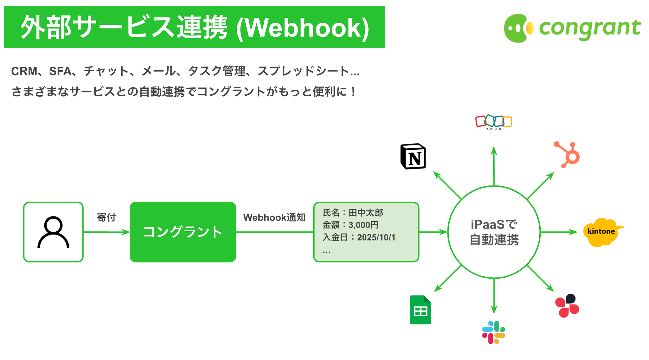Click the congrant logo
coord(572,28)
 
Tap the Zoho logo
coord(493,122)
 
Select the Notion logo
coord(413,157)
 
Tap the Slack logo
coord(493,332)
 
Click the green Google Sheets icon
coord(420,310)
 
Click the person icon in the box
coord(53,232)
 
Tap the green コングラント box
coord(183,232)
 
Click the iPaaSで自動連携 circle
coord(494,232)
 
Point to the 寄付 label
coord(106,217)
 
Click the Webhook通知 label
coord(274,217)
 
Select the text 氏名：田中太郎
coord(353,213)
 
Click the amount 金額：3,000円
coord(350,225)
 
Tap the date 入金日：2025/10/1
coord(359,237)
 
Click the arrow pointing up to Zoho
coord(494,166)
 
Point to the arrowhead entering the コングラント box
coord(126,232)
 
